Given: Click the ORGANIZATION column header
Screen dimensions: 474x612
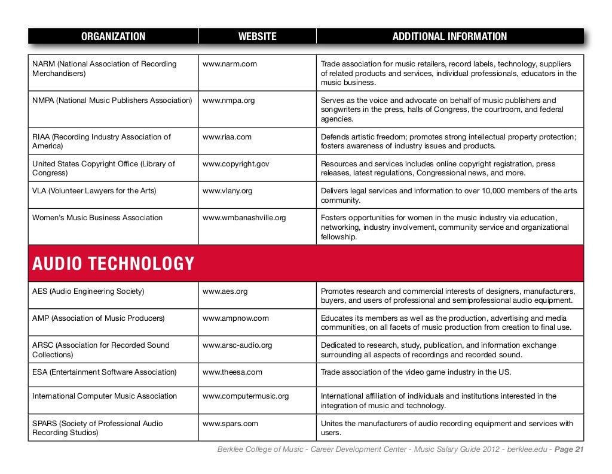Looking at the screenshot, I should coord(113,37).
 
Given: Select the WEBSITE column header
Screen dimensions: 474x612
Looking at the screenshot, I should coord(257,37).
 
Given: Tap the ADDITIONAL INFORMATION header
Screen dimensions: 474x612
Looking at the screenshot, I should coord(449,37).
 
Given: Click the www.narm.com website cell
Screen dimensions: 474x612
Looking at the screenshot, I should coord(229,64).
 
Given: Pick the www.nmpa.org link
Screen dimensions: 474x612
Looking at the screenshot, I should coord(228,101).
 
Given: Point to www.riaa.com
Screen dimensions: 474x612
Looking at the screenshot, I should coord(227,137).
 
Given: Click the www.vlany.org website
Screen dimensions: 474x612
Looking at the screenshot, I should coord(227,191).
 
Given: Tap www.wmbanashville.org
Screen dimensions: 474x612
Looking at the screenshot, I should coord(244,218).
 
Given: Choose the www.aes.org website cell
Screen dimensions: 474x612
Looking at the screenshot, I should coord(225,291).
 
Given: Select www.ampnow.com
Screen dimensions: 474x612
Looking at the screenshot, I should coord(235,318).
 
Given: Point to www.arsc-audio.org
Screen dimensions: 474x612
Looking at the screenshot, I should coord(237,345).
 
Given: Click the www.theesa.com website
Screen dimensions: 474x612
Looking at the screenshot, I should coord(232,372).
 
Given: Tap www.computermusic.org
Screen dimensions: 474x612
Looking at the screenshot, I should coord(246,396).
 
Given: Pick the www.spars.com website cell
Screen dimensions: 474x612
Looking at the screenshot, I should coord(230,424).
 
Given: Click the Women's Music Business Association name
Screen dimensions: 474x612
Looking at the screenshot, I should coord(97,218).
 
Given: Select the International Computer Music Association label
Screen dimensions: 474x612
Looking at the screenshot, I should coord(105,396).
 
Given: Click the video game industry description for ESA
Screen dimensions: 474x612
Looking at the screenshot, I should coord(416,372).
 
